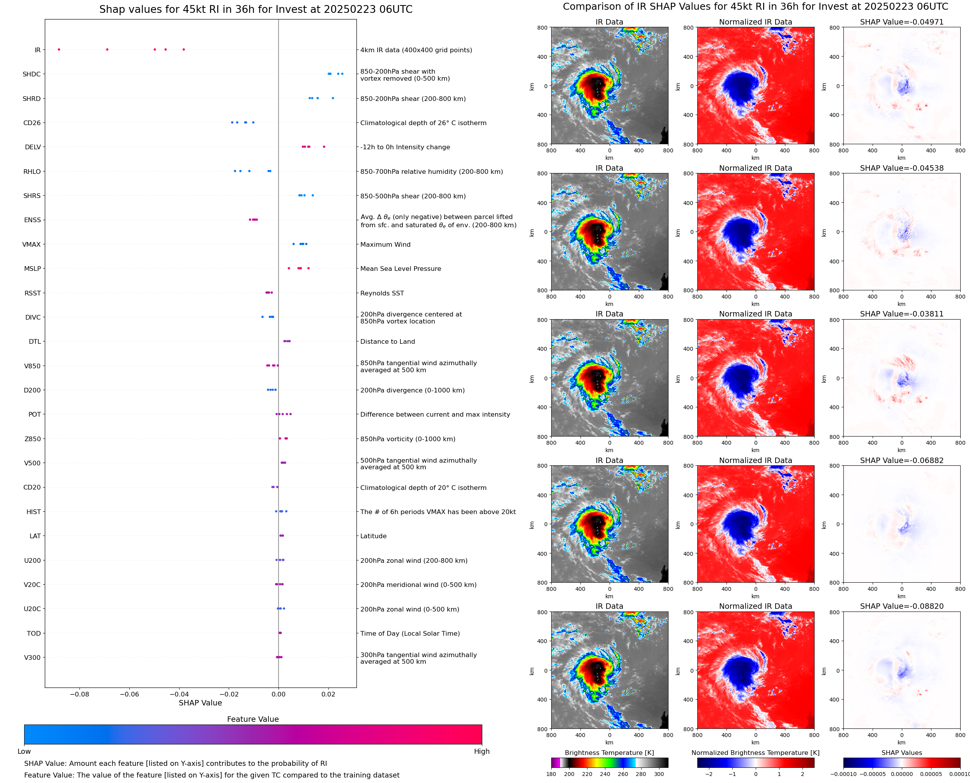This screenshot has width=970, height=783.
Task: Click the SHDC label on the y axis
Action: click(32, 74)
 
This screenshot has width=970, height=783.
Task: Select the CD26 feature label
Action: click(32, 123)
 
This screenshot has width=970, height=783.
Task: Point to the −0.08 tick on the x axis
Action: click(79, 694)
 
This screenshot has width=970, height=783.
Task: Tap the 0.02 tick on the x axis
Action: click(328, 694)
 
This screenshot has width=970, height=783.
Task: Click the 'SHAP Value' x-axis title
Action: click(200, 703)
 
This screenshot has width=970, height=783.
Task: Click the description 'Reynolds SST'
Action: click(382, 293)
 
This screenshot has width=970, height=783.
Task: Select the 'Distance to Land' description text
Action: click(387, 342)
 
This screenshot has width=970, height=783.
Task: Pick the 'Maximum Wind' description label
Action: click(385, 245)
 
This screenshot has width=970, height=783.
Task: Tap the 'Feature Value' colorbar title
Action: click(252, 719)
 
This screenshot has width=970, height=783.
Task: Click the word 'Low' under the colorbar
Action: click(24, 751)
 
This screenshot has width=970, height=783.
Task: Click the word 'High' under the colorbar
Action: click(481, 751)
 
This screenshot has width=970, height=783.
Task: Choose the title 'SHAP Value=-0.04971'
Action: click(901, 22)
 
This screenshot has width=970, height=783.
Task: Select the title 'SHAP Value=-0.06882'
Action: click(901, 461)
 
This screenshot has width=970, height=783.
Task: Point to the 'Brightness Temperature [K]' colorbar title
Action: click(609, 753)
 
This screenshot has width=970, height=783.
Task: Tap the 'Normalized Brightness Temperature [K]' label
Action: click(755, 753)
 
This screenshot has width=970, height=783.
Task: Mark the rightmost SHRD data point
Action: click(333, 98)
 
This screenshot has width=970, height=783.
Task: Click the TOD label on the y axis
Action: click(34, 634)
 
